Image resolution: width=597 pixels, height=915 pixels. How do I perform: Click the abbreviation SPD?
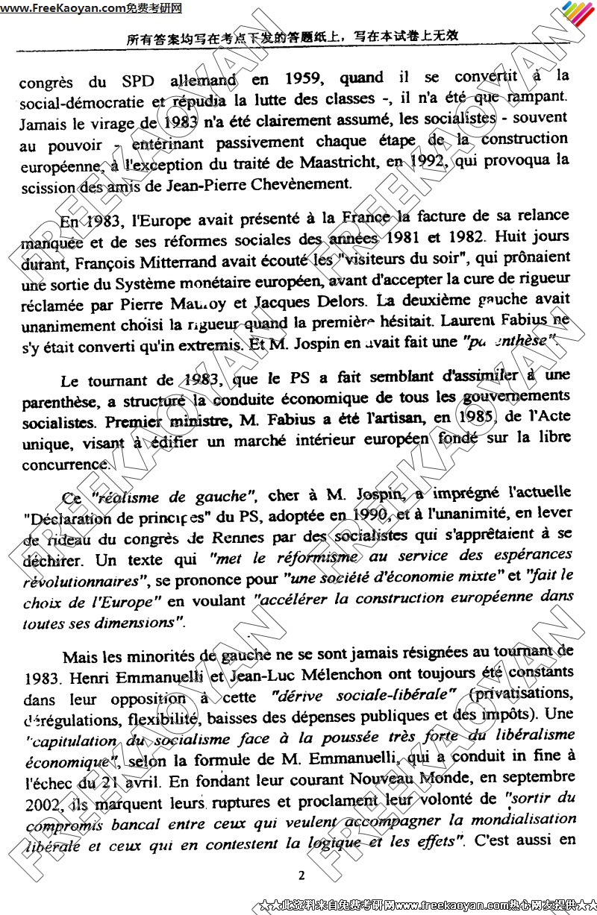(133, 80)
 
